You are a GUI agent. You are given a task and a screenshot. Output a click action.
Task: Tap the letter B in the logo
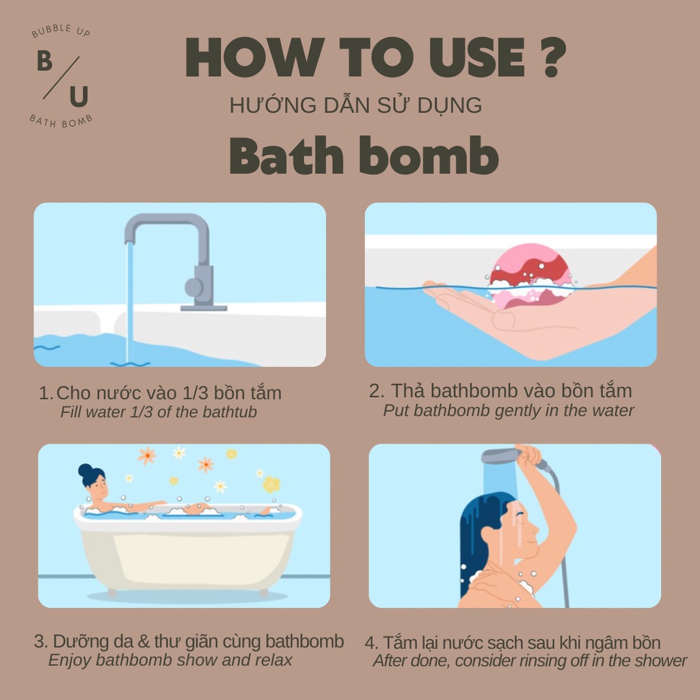[x=44, y=62]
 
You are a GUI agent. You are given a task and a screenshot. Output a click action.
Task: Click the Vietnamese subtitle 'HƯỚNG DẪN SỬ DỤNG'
[x=355, y=105]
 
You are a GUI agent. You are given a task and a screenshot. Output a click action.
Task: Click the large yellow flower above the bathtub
[x=271, y=484]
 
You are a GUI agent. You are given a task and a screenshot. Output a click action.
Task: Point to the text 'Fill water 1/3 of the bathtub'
[x=159, y=412]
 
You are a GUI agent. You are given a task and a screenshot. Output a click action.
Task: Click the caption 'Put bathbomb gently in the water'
[x=509, y=411]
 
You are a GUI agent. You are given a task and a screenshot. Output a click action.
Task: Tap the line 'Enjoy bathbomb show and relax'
[x=170, y=660]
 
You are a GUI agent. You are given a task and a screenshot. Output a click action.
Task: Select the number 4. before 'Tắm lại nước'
[x=371, y=643]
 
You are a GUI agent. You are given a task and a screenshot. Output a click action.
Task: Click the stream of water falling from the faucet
[x=130, y=301]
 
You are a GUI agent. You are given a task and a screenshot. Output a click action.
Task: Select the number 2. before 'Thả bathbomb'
[x=377, y=391]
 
